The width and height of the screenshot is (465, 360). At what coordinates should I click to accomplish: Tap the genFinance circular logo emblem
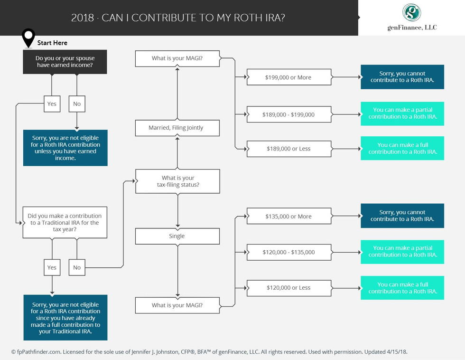point(412,12)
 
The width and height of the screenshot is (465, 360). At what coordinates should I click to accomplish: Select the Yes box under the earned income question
point(52,104)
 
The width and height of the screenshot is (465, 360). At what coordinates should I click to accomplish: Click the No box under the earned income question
point(77,104)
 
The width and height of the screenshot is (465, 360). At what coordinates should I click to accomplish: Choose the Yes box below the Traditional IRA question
point(52,267)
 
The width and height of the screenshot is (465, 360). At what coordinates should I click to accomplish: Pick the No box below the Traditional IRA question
point(77,267)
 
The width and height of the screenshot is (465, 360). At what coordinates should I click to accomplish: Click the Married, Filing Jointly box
point(177,128)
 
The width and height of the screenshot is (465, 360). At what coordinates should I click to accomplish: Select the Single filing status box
point(177,236)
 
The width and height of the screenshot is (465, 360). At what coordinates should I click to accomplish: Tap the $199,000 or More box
point(289,77)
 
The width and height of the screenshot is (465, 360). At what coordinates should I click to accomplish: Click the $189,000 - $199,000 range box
point(289,114)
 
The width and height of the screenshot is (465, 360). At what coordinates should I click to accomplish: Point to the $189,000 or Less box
point(289,149)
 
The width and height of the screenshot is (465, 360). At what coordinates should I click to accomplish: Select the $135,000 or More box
point(289,216)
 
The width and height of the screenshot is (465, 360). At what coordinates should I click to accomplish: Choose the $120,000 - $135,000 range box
point(289,252)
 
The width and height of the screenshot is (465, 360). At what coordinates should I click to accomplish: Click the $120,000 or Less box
point(289,288)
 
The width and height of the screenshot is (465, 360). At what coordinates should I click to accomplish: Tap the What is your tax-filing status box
point(177,181)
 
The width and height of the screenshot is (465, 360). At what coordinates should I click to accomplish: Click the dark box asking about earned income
point(65,62)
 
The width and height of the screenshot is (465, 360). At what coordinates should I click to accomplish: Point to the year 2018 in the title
point(83,18)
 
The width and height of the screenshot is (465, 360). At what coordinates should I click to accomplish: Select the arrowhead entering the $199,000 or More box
point(245,77)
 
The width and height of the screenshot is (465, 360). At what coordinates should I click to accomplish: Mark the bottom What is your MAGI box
point(177,305)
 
